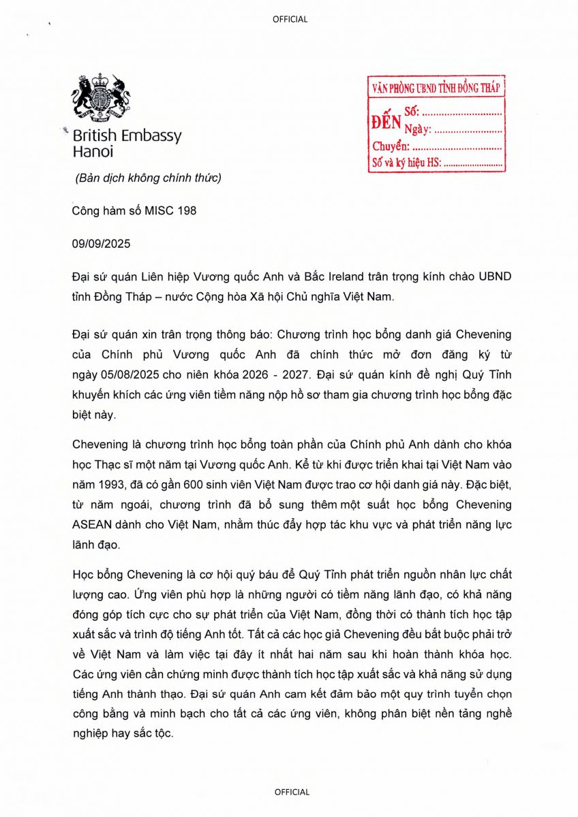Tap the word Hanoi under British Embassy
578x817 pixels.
93,152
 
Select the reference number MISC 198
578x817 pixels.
170,211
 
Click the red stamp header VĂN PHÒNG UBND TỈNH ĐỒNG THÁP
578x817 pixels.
436,89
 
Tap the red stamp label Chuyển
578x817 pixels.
391,146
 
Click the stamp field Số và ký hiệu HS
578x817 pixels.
407,162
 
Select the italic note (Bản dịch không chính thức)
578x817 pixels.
148,179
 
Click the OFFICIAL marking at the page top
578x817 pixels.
290,19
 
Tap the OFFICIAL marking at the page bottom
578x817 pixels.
292,792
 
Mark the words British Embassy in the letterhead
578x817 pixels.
127,135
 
